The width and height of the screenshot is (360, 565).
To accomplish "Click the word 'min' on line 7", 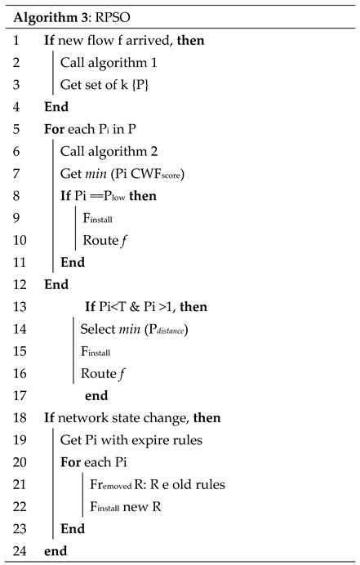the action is [103, 173].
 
